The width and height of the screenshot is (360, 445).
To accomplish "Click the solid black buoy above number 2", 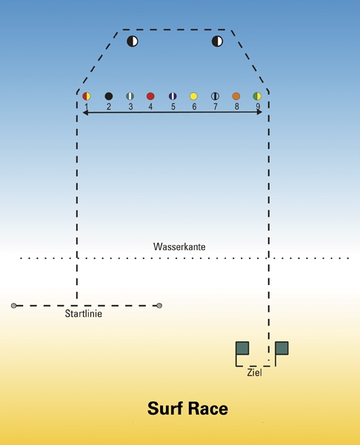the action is tap(109, 96).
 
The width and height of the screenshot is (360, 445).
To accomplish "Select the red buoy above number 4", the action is tap(150, 96).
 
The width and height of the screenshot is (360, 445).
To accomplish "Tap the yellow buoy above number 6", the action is tap(193, 96).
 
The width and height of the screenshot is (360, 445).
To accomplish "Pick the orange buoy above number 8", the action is tap(236, 96).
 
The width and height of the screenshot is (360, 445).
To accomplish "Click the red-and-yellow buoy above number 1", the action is tap(87, 96).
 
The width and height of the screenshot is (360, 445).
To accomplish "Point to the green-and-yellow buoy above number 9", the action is tap(257, 96).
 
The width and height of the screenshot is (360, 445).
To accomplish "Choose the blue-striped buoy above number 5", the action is tap(173, 96).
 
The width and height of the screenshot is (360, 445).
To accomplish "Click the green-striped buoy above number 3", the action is tap(130, 96).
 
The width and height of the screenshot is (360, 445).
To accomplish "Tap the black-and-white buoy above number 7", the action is tap(216, 96).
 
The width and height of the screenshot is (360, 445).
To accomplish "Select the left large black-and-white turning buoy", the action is tap(133, 41).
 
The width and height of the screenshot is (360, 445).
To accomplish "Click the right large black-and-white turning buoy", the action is tap(218, 41).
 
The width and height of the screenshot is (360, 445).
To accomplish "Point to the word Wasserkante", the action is tap(179, 247).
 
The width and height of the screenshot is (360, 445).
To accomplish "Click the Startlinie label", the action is tap(84, 314).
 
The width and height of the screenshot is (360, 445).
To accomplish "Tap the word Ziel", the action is tap(254, 372).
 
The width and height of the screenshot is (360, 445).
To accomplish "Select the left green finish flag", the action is tap(242, 353).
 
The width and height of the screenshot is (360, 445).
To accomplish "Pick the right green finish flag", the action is tap(281, 353).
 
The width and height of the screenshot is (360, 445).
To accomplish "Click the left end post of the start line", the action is tap(13, 306).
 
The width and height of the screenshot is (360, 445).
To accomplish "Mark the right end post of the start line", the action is tap(159, 306).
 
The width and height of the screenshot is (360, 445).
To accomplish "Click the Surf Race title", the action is tap(187, 409).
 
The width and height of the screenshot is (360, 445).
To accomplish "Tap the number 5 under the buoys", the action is tap(173, 107).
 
